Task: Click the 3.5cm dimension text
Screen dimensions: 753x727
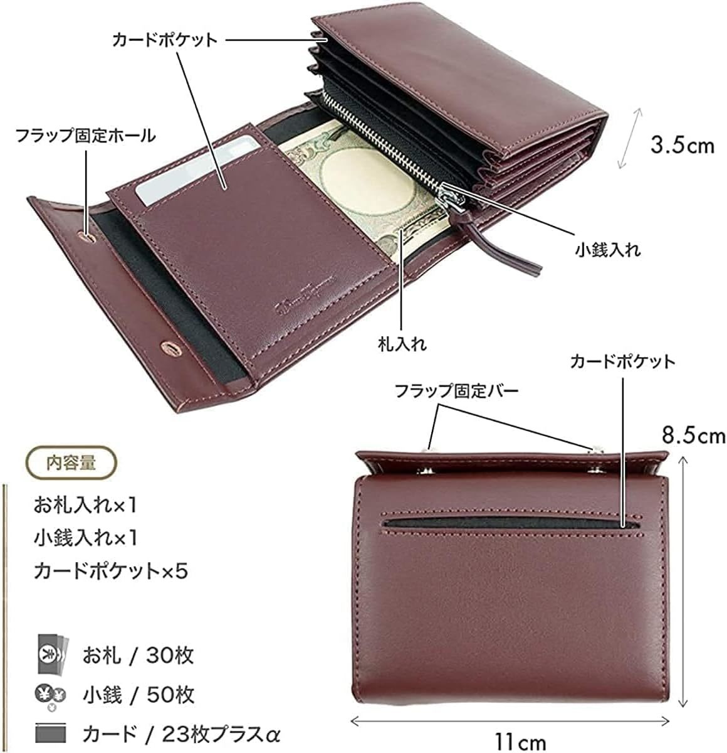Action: coord(682,146)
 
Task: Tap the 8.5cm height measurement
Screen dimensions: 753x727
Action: coord(693,434)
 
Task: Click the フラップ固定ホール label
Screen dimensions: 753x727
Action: coord(85,135)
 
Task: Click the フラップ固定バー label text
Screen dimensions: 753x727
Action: coord(456,391)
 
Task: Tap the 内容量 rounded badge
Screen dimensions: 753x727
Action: coord(71,463)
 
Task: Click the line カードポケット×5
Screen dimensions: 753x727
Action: coord(110,571)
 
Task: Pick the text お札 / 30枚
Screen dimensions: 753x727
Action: coord(138,656)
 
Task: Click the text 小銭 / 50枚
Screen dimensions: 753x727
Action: coord(138,695)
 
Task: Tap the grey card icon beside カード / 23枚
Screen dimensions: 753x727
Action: coord(51,734)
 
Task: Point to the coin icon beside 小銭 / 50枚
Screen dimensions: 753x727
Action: coord(50,695)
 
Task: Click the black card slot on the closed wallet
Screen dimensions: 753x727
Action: coord(511,522)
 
